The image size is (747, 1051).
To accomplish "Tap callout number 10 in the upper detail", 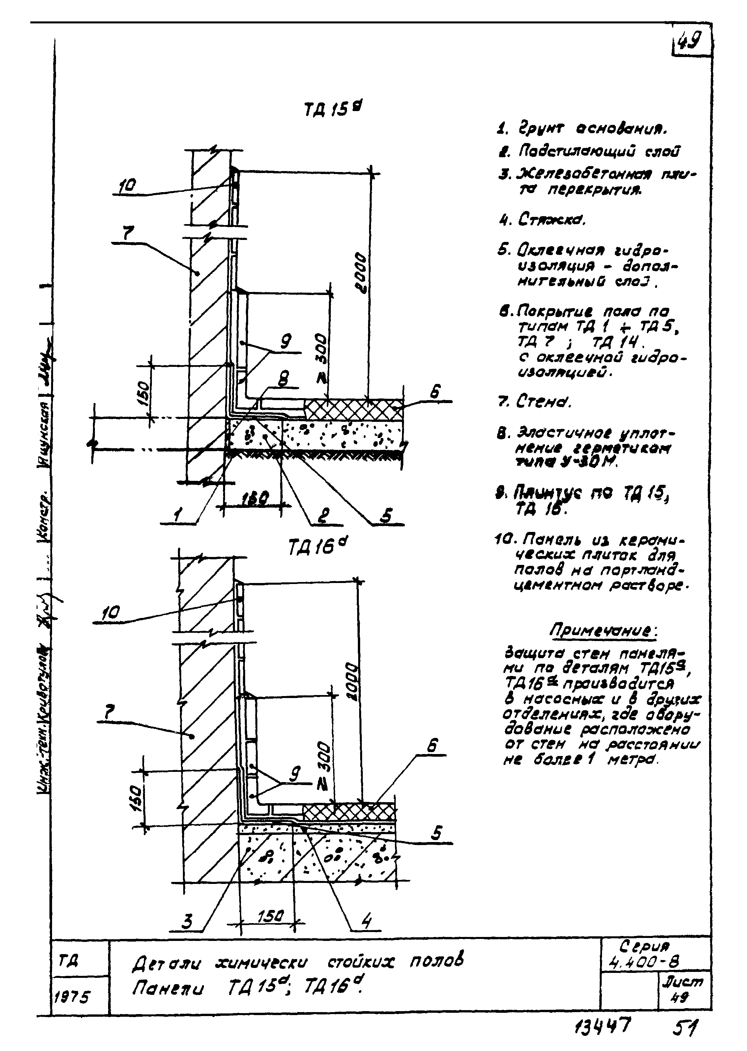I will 127,186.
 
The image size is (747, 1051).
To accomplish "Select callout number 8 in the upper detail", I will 283,379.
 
